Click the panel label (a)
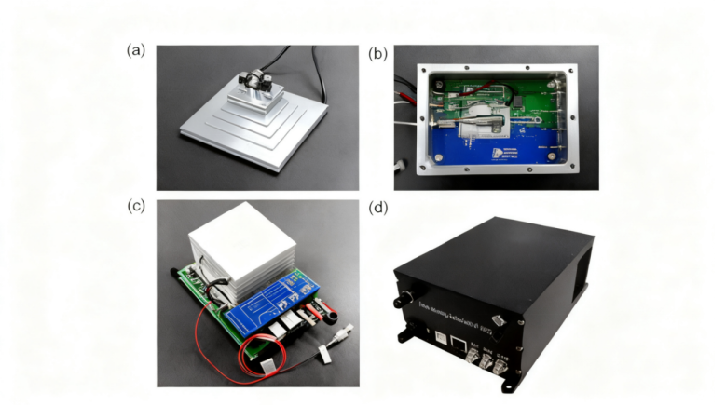(136, 50)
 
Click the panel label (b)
(377, 54)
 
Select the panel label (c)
(136, 206)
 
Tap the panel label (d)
(377, 206)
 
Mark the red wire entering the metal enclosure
(408, 92)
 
